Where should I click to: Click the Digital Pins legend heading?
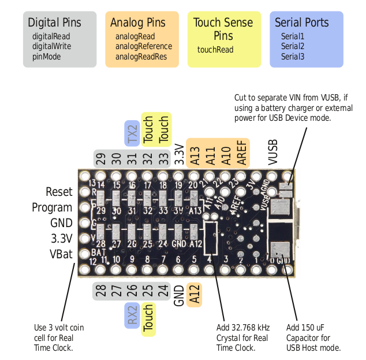pos(55,23)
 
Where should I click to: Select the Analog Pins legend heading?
pos(137,23)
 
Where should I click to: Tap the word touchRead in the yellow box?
pos(215,50)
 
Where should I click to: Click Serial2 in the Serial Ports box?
pos(293,46)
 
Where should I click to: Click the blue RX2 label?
pos(133,316)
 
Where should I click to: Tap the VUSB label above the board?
pos(273,152)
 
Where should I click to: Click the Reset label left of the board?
pos(59,192)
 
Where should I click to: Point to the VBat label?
pos(61,253)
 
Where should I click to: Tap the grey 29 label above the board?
pos(102,158)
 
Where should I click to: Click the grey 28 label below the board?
pos(102,291)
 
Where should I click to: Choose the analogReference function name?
pos(144,46)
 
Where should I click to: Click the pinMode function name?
pos(47,57)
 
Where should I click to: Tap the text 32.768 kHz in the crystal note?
pos(250,328)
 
